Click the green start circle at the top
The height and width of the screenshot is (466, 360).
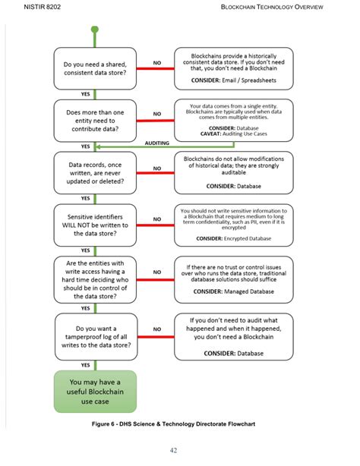95,30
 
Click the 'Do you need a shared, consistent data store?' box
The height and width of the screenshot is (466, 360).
95,70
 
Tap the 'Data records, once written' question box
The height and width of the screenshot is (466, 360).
95,173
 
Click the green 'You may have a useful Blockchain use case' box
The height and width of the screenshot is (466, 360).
95,391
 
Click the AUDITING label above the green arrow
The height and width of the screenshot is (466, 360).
156,143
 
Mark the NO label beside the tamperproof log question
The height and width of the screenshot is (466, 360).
157,329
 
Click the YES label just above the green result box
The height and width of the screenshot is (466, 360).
86,365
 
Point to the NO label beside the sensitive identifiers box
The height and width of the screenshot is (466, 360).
157,219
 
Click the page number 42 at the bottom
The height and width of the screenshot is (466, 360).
174,450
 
